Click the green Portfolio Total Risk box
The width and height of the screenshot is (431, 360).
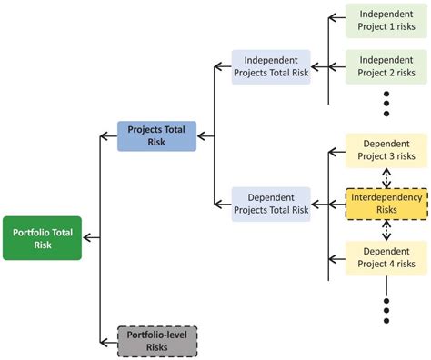[x=42, y=238]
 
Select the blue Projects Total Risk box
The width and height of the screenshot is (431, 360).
[x=156, y=135]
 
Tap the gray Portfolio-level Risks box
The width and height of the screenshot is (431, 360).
[x=156, y=340]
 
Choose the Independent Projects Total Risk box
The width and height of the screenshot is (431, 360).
[x=271, y=67]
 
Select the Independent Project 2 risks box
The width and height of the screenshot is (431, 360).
[x=386, y=67]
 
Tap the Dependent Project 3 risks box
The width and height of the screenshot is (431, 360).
[x=386, y=151]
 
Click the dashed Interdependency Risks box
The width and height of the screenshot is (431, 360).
[x=386, y=204]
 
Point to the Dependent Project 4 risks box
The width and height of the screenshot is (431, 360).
[x=386, y=257]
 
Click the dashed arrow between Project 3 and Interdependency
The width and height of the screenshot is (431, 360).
[x=386, y=177]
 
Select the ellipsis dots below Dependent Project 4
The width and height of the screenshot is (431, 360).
[x=386, y=309]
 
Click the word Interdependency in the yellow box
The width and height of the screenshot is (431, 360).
[x=386, y=197]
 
